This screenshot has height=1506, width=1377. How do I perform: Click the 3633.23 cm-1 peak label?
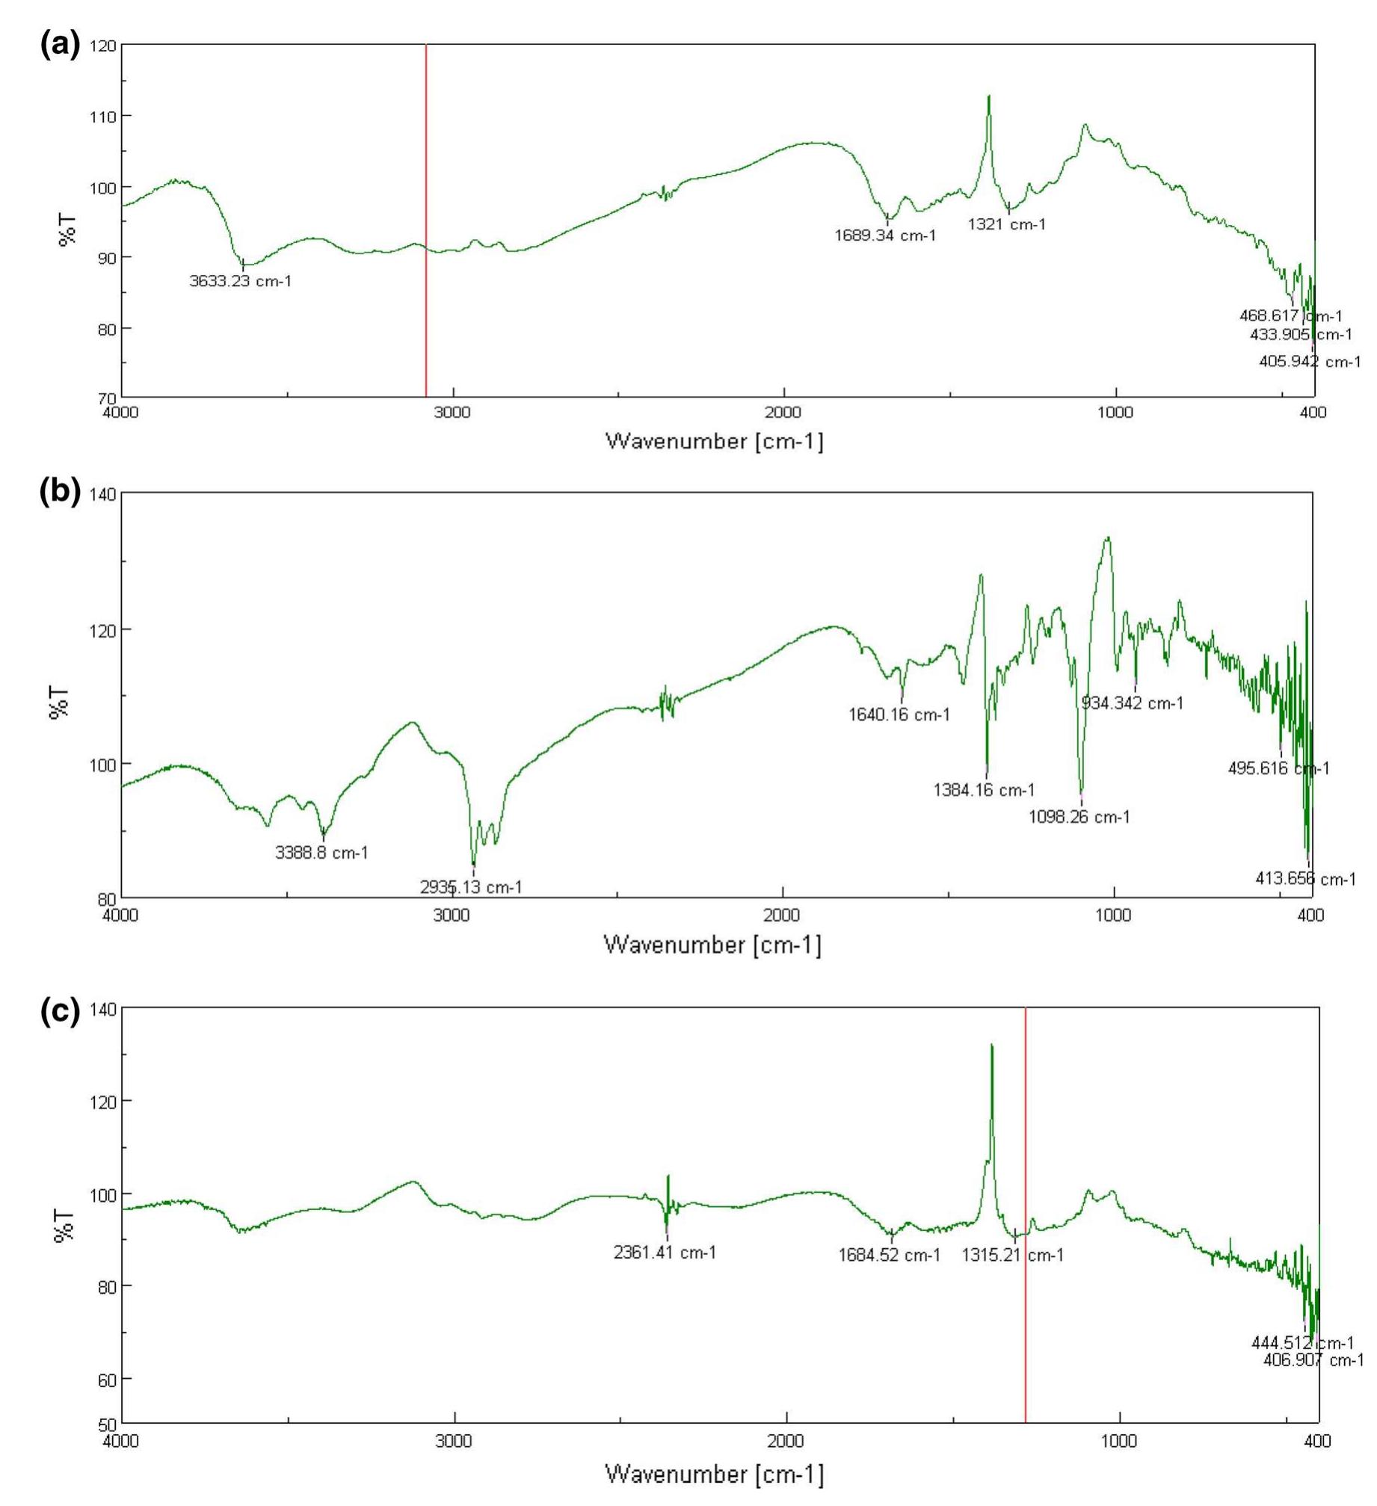(x=240, y=281)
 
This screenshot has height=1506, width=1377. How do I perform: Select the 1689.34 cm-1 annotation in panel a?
(x=885, y=236)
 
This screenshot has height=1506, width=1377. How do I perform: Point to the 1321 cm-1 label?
(x=1006, y=224)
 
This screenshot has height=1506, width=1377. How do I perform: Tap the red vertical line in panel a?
(x=425, y=224)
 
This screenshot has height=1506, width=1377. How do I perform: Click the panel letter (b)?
(x=59, y=494)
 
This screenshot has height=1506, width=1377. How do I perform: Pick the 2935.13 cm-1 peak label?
(x=471, y=887)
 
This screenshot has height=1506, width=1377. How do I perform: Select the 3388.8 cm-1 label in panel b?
(x=321, y=852)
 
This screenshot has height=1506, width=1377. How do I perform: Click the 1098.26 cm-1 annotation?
(x=1079, y=817)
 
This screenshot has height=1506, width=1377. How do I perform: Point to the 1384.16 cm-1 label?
(x=984, y=789)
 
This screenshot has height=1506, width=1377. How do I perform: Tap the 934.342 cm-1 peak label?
(x=1133, y=703)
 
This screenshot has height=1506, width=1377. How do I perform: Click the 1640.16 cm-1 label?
(x=899, y=715)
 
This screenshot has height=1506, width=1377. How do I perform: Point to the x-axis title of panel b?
(x=712, y=945)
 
